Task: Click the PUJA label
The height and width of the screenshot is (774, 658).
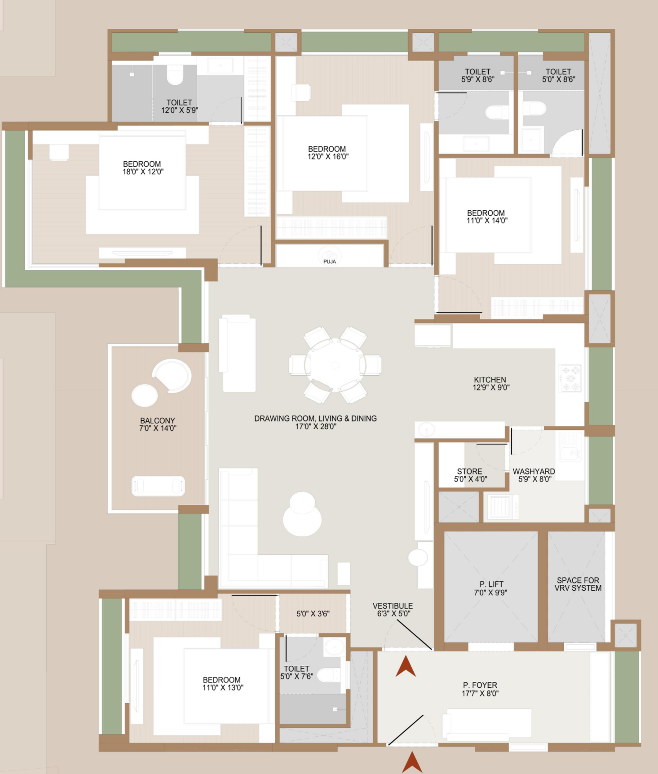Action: [330, 261]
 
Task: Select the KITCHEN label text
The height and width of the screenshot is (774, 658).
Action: [490, 380]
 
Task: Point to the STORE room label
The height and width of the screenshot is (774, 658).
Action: [470, 471]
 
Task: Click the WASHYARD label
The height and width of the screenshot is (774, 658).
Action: [534, 471]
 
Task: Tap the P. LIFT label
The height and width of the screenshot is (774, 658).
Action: [491, 584]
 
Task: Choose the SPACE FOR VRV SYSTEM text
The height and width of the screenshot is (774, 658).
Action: [578, 584]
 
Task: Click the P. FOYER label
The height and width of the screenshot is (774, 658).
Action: [480, 685]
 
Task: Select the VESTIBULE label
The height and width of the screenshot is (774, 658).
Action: [393, 606]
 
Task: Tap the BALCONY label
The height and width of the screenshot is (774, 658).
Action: [158, 420]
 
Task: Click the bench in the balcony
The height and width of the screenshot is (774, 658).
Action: [158, 486]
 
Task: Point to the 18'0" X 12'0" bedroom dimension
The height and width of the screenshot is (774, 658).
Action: [143, 172]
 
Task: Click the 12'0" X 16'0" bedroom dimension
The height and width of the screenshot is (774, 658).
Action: [328, 157]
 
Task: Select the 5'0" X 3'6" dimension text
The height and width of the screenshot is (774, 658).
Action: [313, 614]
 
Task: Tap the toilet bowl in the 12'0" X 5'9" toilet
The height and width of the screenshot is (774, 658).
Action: [175, 75]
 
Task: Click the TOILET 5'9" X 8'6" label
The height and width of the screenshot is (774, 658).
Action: [478, 75]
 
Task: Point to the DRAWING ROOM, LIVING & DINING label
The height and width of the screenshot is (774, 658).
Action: [316, 418]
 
